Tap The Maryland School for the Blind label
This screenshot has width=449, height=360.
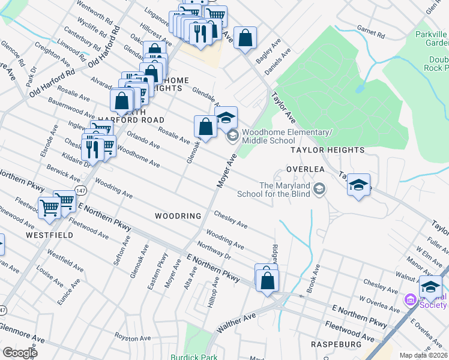coord(285,190)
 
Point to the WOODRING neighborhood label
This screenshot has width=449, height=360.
coord(177,215)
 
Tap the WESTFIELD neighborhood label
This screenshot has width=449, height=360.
coord(49,235)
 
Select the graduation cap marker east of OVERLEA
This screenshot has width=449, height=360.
coord(358,185)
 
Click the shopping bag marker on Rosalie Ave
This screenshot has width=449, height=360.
coord(205,127)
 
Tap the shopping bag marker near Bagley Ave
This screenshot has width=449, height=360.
coord(245,39)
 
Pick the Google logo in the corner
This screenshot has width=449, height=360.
coord(20,353)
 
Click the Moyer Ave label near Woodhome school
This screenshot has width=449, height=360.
coord(226,172)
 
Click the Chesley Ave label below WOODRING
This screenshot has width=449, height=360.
coord(231,219)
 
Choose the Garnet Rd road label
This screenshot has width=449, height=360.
coord(370,30)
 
